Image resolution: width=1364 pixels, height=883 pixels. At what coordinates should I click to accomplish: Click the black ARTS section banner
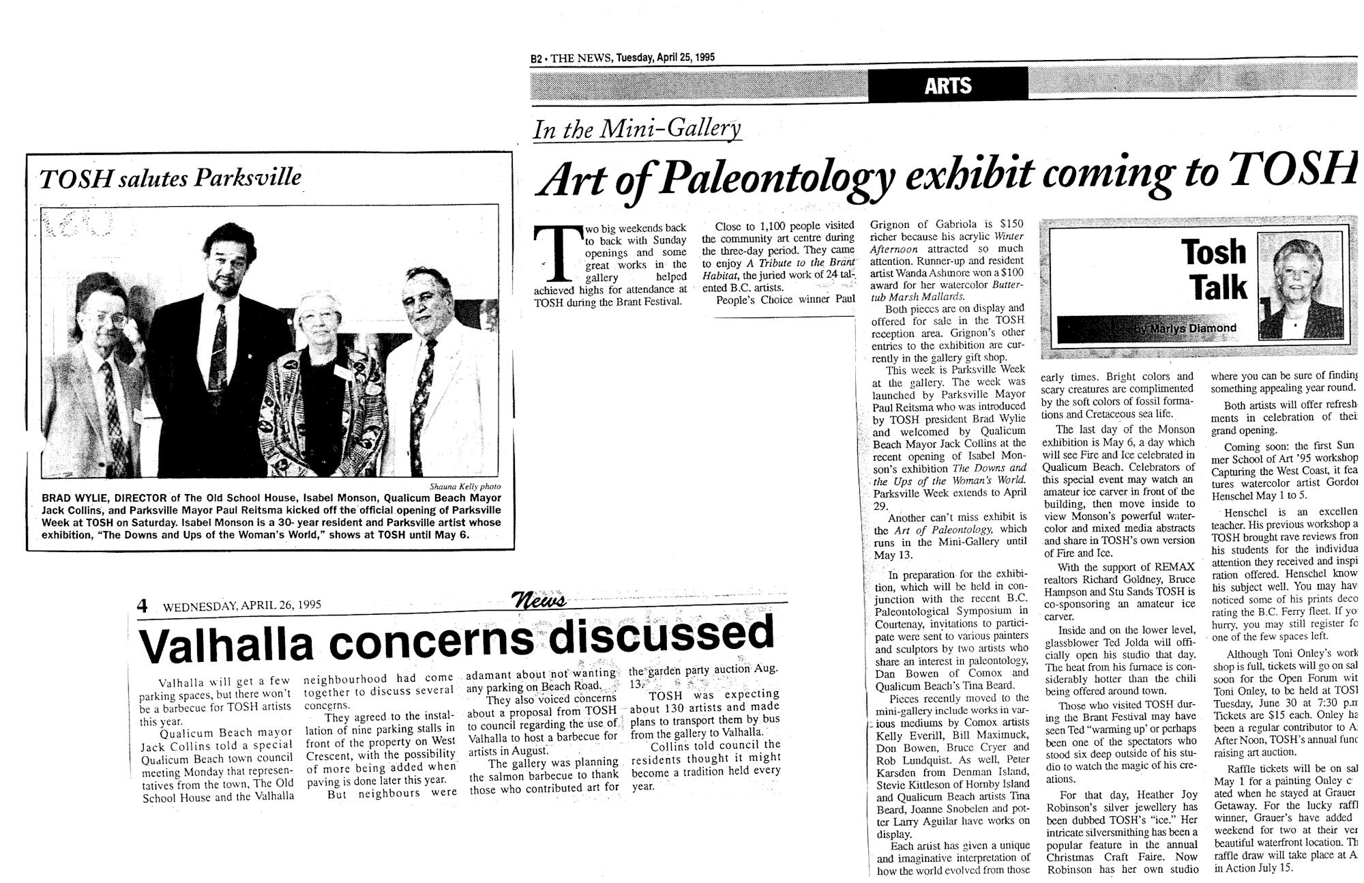(948, 85)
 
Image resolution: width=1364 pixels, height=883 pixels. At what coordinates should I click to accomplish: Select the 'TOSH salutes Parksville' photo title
(170, 178)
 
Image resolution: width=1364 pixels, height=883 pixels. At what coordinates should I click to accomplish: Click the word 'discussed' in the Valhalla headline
(661, 633)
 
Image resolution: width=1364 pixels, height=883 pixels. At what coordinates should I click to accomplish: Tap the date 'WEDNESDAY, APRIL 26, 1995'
(241, 605)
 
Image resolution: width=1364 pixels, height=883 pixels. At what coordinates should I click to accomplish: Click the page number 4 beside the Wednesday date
(143, 605)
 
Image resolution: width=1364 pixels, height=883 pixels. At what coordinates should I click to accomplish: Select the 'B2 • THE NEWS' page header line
(623, 58)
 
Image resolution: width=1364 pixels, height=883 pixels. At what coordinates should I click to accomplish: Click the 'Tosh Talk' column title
(1216, 270)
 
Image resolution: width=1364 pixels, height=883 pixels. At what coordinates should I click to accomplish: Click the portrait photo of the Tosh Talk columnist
(1301, 287)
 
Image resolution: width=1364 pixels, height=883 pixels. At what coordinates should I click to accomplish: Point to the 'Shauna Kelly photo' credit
(465, 487)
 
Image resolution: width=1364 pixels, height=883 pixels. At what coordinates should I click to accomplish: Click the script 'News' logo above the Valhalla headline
(542, 600)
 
